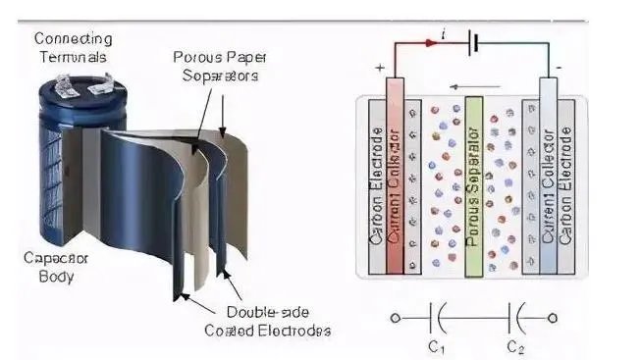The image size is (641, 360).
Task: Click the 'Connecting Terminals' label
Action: click(x=73, y=47)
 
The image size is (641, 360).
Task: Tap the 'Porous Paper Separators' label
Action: click(x=220, y=66)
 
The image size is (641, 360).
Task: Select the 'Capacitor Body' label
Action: click(x=56, y=267)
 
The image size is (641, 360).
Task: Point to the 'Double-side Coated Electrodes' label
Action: click(x=268, y=321)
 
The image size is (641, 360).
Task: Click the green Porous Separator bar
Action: click(x=474, y=186)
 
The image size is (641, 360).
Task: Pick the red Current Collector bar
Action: click(x=395, y=176)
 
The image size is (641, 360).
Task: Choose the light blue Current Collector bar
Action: click(x=548, y=176)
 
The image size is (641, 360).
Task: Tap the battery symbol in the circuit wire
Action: click(x=473, y=42)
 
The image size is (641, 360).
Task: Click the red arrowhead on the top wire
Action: click(x=431, y=42)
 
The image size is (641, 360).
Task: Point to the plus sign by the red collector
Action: click(x=380, y=68)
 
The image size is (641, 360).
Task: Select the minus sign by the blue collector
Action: click(x=559, y=68)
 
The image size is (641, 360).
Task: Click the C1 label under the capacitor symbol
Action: click(x=436, y=348)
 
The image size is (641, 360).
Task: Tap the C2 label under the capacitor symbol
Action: click(x=515, y=348)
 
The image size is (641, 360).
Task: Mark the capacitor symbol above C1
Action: click(x=437, y=318)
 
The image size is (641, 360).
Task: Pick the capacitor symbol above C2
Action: click(x=515, y=318)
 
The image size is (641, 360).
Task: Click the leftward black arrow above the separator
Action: click(x=475, y=86)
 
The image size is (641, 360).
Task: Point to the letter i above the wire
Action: click(x=444, y=34)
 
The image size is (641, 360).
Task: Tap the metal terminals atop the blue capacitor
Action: click(x=83, y=84)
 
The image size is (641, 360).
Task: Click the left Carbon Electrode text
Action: click(x=377, y=186)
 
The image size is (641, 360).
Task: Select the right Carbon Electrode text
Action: click(x=565, y=186)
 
